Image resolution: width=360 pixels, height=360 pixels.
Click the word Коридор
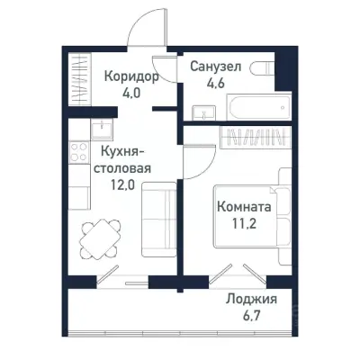tap(130, 76)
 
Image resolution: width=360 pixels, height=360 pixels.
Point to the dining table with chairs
tap(95, 239)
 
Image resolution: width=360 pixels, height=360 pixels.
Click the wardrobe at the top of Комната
tap(253, 139)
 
